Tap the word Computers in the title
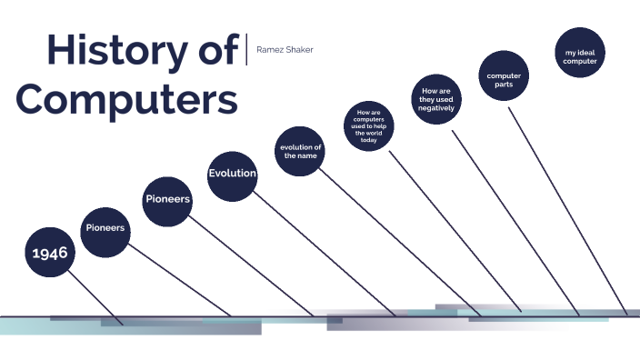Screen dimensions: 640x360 (127, 97)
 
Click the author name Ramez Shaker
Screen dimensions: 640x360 (285, 49)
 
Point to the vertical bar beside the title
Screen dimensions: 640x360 (246, 49)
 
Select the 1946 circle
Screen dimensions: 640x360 (50, 252)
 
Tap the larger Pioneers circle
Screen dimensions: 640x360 (168, 198)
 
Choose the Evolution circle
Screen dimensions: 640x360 (232, 173)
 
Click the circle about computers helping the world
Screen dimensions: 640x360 (368, 126)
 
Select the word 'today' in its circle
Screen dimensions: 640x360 (368, 140)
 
